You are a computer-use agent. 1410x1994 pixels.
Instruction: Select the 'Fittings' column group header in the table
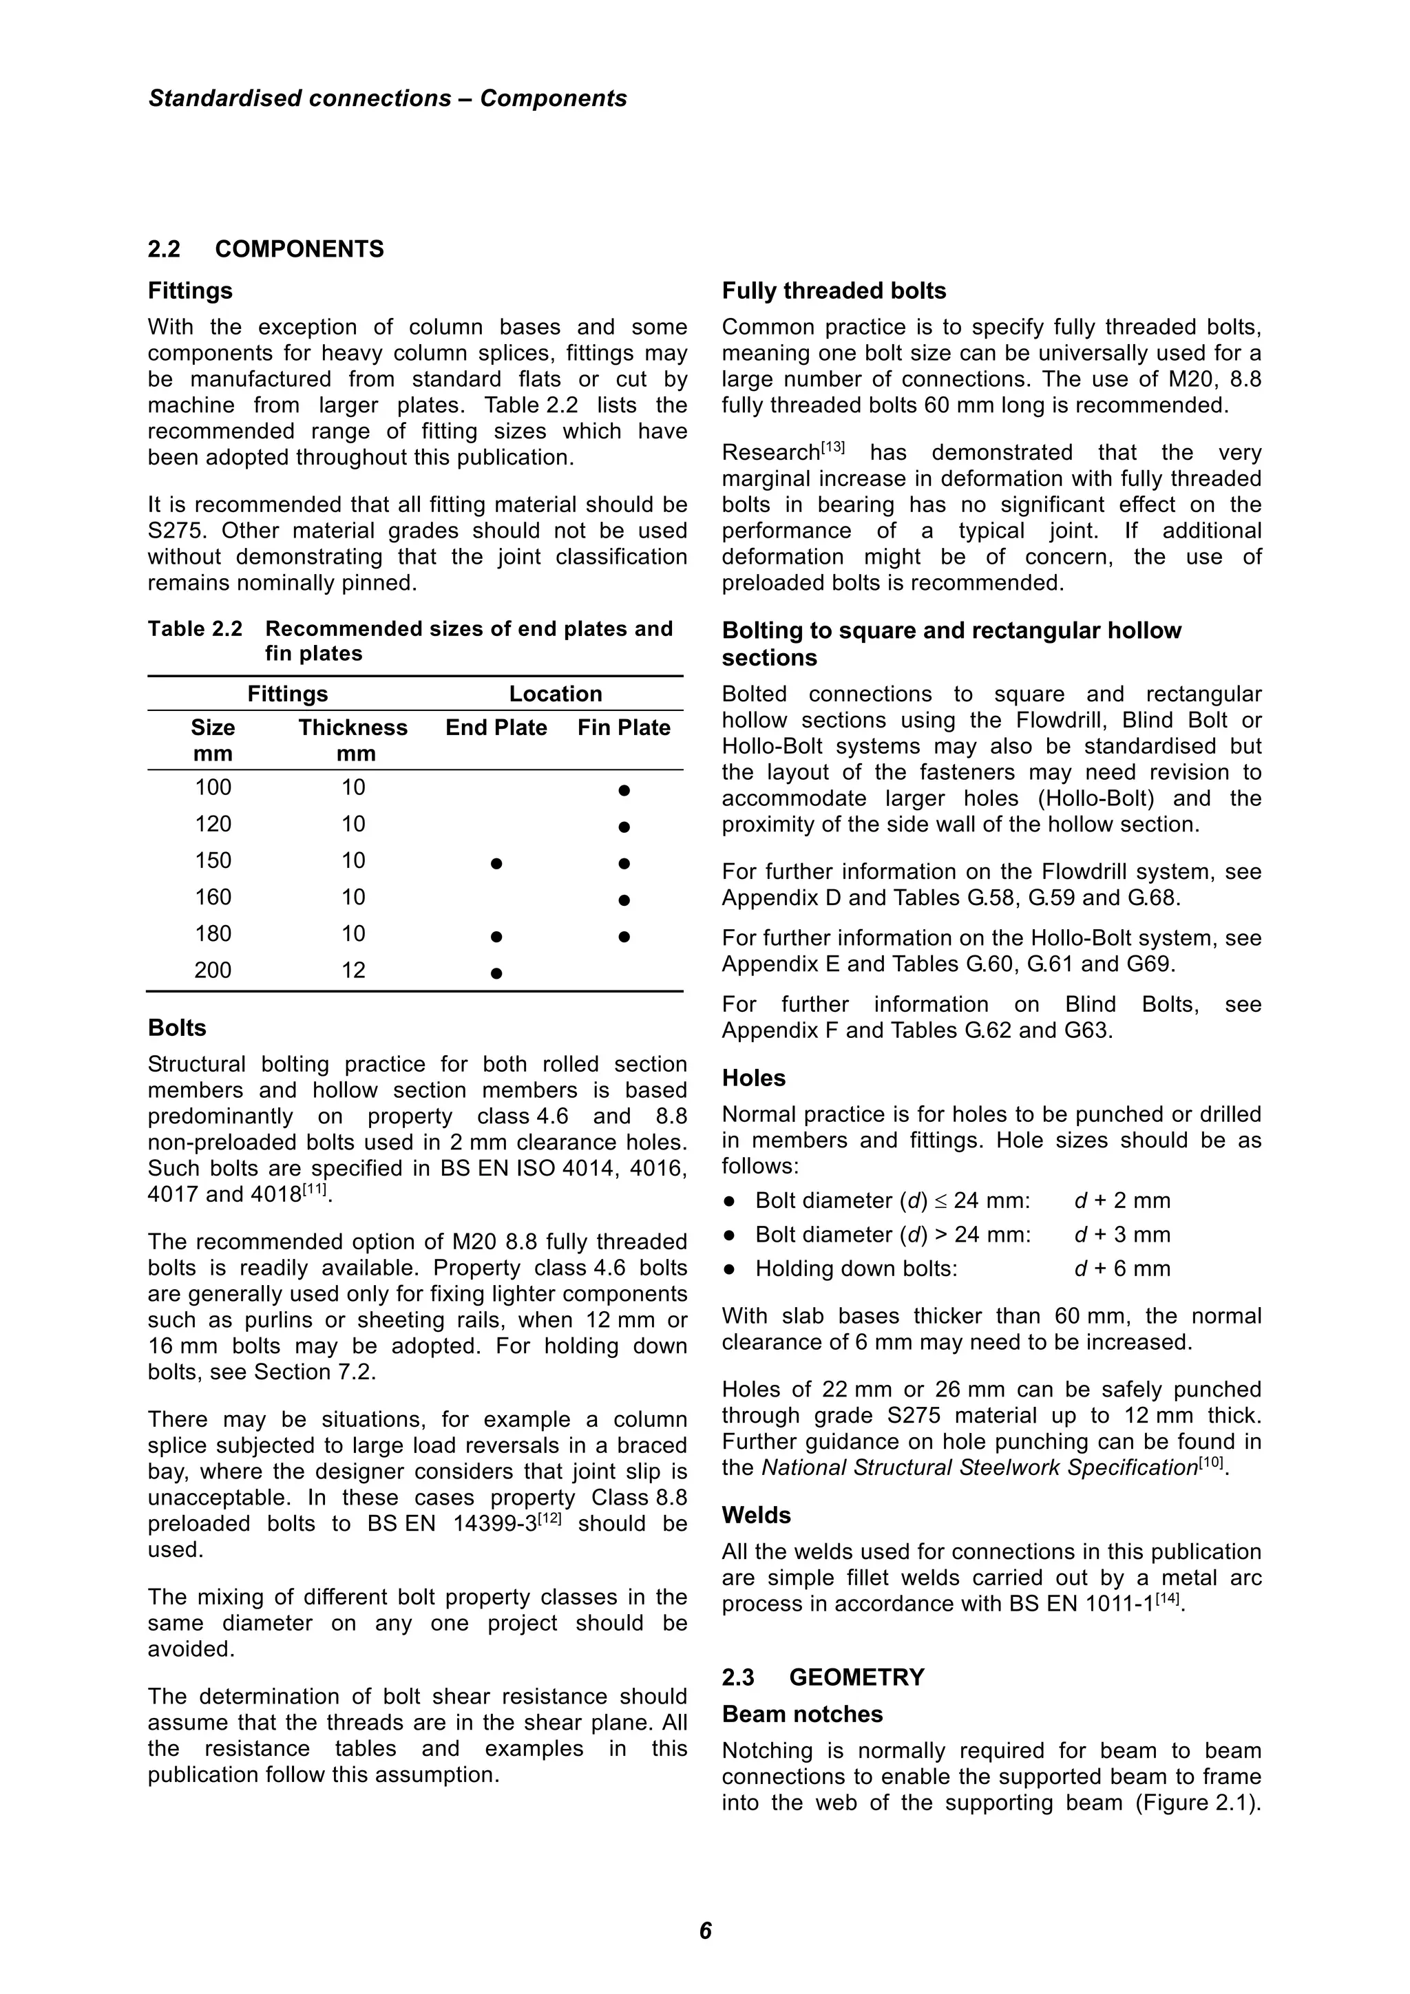tap(288, 694)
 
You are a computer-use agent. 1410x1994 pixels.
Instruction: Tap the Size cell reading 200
tap(213, 970)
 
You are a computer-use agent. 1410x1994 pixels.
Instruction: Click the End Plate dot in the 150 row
tap(496, 864)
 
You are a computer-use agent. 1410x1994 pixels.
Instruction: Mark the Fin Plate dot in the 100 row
tap(624, 791)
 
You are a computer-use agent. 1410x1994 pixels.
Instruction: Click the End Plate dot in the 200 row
tap(496, 973)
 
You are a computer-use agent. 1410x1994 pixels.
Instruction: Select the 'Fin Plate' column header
tap(624, 728)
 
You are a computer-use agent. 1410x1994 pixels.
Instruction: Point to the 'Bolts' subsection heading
tap(177, 1028)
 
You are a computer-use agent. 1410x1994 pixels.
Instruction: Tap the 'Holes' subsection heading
tap(753, 1079)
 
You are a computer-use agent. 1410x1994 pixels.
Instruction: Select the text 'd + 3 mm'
tap(1122, 1235)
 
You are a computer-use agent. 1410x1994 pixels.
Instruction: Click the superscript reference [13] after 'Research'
tap(832, 447)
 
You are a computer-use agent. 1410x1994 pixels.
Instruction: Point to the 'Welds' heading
tap(756, 1516)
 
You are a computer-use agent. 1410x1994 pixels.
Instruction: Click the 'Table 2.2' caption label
tap(195, 629)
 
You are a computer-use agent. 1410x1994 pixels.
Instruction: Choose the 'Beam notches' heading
tap(802, 1715)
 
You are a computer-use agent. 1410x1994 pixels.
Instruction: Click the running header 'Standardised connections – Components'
tap(388, 98)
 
